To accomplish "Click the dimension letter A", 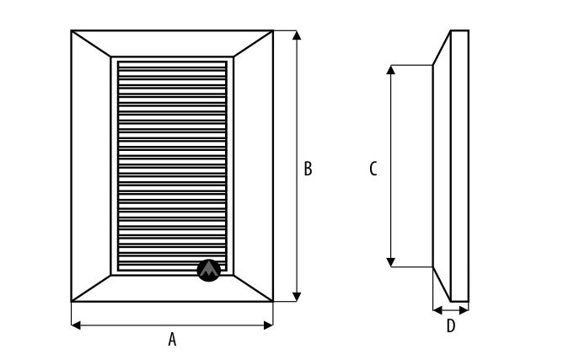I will [172, 339].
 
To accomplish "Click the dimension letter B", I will [308, 169].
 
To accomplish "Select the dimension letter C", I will [373, 169].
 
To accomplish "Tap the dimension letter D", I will [451, 326].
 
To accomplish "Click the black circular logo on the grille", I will [208, 270].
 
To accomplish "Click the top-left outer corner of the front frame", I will [72, 31].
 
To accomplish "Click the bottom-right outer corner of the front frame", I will [274, 302].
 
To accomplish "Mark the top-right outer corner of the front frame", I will [274, 31].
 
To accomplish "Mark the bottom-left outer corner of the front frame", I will [72, 302].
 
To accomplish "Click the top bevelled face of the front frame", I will [172, 44].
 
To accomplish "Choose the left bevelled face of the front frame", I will [91, 166].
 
